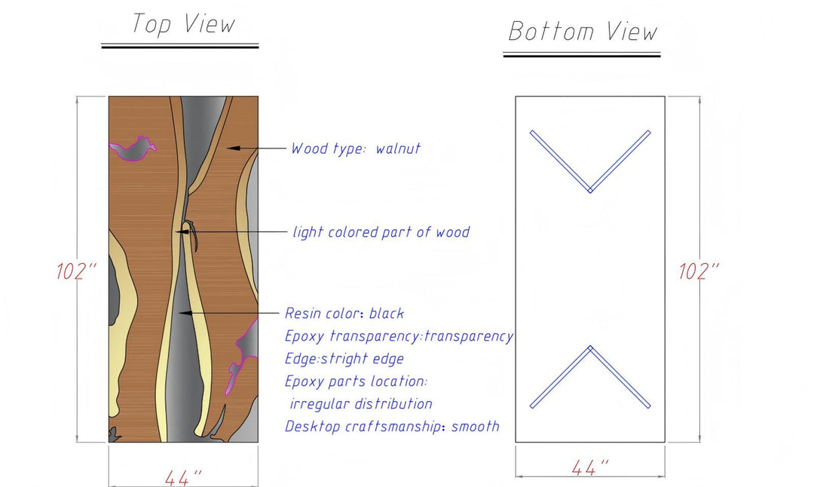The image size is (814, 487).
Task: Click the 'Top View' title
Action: point(183,24)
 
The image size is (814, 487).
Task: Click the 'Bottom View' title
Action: point(583,32)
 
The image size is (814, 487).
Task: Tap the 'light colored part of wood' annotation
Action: point(381,232)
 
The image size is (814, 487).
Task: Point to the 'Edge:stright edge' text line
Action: point(344,359)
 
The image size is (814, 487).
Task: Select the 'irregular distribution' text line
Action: point(361,404)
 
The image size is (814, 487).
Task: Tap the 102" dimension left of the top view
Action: point(77,271)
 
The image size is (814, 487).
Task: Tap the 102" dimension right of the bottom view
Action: point(699,271)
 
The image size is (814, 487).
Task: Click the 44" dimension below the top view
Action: point(183,477)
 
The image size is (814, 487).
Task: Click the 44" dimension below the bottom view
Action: point(589,468)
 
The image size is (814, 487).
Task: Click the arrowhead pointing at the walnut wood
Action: point(234,149)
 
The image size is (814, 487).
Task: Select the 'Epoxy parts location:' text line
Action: point(357,381)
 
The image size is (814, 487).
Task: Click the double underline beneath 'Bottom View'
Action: point(582,54)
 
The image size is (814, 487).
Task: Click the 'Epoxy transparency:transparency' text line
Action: point(399,336)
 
